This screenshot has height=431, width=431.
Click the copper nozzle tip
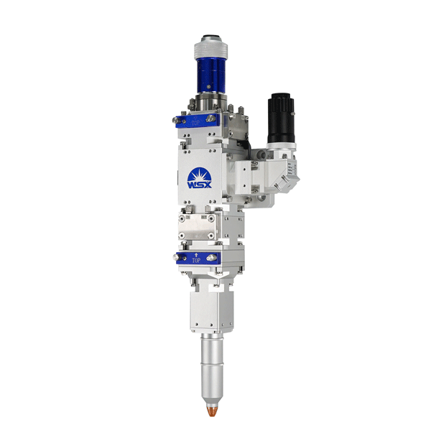coord(212,411)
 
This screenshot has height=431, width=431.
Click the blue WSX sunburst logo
coord(199,178)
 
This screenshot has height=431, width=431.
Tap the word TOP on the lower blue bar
coord(196,260)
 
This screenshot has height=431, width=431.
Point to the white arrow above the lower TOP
coord(196,254)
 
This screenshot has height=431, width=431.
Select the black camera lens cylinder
coord(281,119)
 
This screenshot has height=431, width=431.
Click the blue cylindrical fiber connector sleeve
coord(211,75)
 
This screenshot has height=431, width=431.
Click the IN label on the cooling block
coord(188,217)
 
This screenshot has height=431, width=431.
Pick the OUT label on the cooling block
coord(204,217)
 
